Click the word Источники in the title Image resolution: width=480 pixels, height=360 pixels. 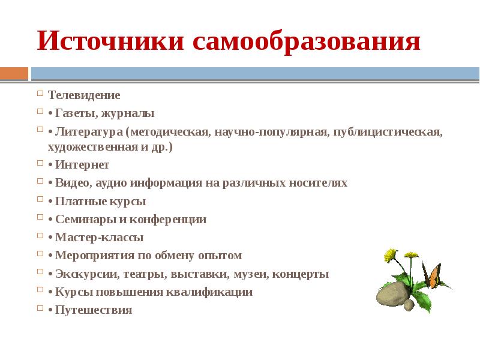(111, 42)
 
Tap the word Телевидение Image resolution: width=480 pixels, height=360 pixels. (84, 95)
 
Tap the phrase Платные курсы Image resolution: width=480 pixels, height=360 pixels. (100, 202)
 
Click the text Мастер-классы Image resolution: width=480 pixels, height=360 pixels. (99, 238)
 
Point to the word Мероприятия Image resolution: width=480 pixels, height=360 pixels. (91, 256)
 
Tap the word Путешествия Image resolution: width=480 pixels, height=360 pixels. (93, 310)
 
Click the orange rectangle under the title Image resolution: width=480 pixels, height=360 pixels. (14, 73)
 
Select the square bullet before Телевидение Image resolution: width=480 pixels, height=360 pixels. (40, 94)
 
